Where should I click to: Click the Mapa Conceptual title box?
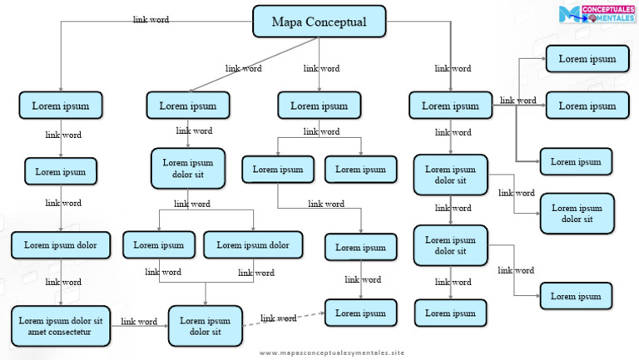(x=320, y=22)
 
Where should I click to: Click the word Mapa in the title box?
(x=288, y=22)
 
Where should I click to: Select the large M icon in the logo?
(x=568, y=14)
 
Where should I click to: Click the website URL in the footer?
(x=331, y=353)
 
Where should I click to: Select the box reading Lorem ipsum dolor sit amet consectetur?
(x=61, y=326)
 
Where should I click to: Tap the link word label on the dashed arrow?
(x=279, y=318)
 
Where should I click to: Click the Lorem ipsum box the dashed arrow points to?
(x=360, y=313)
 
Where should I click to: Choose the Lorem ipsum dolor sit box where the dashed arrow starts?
(x=205, y=326)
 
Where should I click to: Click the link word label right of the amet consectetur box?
(x=139, y=321)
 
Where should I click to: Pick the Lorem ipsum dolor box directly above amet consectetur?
(x=60, y=245)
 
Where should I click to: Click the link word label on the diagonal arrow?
(x=243, y=68)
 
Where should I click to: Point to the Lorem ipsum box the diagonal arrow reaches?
(x=187, y=106)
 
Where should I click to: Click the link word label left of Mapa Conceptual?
(x=151, y=20)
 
